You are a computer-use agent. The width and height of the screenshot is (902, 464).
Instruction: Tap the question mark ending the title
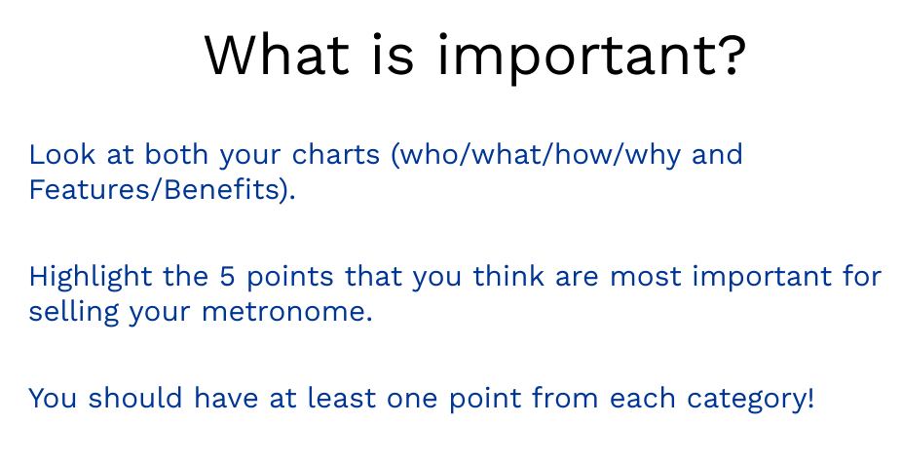coord(735,55)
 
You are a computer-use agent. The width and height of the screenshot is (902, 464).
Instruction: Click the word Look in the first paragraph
coord(62,155)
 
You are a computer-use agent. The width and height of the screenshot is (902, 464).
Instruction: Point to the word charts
coord(336,155)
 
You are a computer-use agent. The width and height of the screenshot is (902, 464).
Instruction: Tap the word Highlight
coord(91,278)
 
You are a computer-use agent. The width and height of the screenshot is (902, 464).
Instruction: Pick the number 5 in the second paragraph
coord(227,276)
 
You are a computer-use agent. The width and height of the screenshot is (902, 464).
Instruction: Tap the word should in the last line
coord(135,398)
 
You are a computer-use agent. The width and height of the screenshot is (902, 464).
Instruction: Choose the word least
coord(342,398)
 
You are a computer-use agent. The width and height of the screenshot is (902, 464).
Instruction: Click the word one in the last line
coord(412,400)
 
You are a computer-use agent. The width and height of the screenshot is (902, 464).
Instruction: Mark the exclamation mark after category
coord(810,398)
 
